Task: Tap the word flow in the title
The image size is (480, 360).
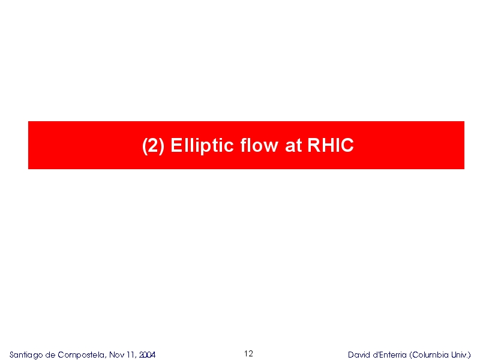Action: pos(259,145)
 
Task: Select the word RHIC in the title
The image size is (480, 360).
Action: pos(331,145)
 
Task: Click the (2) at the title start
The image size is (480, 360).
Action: pos(154,145)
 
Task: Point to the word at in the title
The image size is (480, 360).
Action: pos(293,145)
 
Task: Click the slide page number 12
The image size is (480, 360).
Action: pos(248,353)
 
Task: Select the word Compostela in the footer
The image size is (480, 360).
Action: pos(82,355)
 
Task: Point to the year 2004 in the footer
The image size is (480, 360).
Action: pos(147,355)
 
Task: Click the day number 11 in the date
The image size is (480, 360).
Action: pos(130,355)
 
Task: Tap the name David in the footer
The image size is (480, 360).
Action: pos(359,355)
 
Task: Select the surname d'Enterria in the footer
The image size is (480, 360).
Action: pos(389,355)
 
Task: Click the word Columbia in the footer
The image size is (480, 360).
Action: pos(430,355)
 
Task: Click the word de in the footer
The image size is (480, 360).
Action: pos(50,355)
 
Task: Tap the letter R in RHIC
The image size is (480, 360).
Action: pos(314,145)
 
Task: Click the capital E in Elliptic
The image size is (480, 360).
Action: pos(176,145)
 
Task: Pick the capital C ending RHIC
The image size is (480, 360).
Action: pos(347,145)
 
